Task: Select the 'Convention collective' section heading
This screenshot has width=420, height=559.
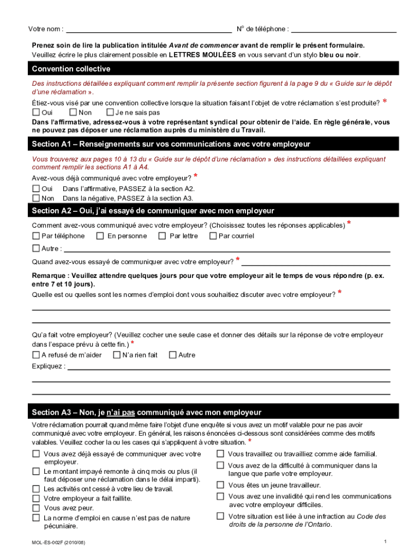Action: point(71,69)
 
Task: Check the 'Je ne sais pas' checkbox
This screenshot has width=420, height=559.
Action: point(110,112)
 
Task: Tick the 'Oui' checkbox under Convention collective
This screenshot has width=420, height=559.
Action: point(36,112)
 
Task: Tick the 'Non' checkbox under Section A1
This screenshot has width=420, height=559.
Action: point(36,198)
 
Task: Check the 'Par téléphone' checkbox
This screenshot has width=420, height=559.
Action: point(36,236)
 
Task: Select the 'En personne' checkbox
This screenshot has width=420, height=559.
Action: point(100,236)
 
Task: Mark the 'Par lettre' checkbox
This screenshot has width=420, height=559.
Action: point(162,236)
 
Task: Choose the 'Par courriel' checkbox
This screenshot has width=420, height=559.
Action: point(213,236)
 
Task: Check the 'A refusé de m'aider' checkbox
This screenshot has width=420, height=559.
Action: point(36,355)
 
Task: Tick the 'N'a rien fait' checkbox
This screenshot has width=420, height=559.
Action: point(116,355)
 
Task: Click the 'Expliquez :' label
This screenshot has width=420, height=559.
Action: point(49,366)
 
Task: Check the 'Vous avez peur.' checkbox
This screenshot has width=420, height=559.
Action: point(36,508)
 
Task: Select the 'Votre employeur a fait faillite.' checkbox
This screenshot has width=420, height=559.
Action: point(36,498)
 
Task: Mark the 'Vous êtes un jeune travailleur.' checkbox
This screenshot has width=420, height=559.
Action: point(220,485)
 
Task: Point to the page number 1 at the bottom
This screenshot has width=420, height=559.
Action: point(385,542)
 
